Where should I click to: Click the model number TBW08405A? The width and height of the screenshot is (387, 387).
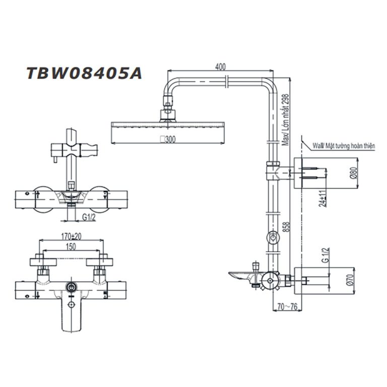coord(84,73)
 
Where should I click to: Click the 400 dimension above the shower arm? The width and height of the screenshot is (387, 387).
coord(219,67)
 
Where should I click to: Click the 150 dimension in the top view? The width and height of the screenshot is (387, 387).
coord(72,247)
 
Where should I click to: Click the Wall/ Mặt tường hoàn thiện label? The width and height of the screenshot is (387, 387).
coord(344,145)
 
